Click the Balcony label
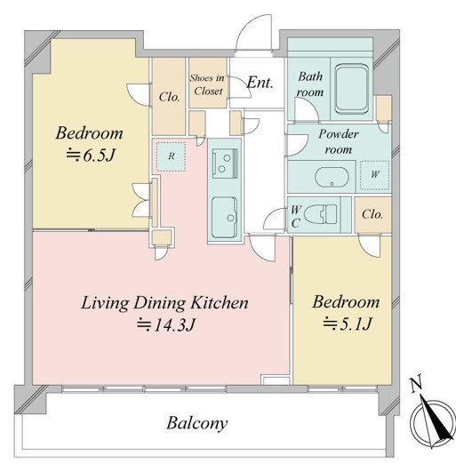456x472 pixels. click(197, 423)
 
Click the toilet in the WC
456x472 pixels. click(321, 214)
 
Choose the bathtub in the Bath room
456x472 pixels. click(352, 89)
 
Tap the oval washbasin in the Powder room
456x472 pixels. click(332, 177)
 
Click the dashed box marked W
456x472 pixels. click(375, 175)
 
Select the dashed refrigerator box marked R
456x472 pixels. click(171, 156)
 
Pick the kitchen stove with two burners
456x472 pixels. click(225, 164)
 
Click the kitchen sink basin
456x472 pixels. click(224, 218)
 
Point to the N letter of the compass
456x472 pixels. click(416, 384)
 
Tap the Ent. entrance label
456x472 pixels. click(260, 83)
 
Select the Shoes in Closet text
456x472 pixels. click(207, 84)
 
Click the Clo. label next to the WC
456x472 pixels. click(372, 214)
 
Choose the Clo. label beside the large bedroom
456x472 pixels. click(169, 97)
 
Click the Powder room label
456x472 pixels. click(339, 141)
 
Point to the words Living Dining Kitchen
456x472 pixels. click(165, 303)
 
